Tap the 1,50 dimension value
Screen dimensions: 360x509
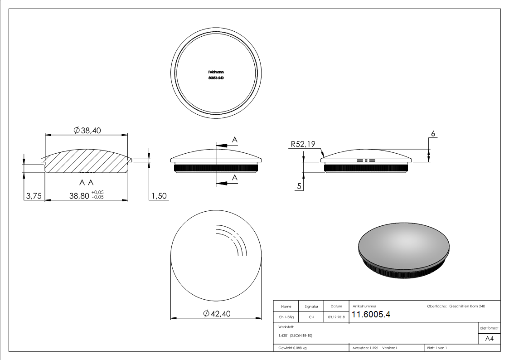click(159, 196)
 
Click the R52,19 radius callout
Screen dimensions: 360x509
click(303, 144)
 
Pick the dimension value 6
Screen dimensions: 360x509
click(433, 134)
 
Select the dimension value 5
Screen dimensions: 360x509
click(300, 186)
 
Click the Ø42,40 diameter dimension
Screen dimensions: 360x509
click(217, 314)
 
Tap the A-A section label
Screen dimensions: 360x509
click(87, 183)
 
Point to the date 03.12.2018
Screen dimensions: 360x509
click(336, 317)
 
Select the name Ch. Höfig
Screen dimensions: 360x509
click(286, 317)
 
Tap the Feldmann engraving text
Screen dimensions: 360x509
click(216, 72)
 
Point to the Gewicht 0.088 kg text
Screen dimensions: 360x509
click(293, 348)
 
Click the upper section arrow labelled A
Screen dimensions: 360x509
click(227, 145)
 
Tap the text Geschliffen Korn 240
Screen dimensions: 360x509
click(467, 306)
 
